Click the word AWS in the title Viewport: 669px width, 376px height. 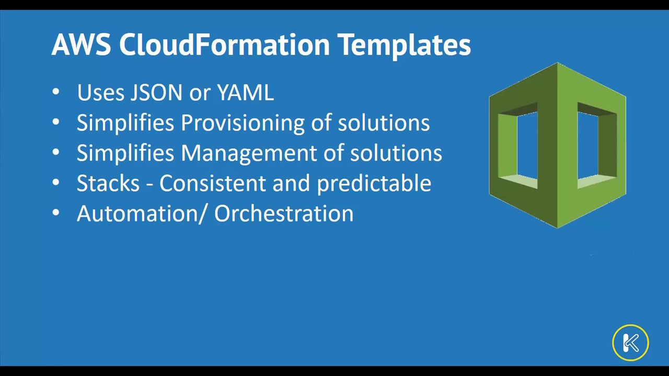pyautogui.click(x=81, y=44)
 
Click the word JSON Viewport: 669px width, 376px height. pyautogui.click(x=156, y=92)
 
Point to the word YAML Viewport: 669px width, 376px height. pyautogui.click(x=245, y=92)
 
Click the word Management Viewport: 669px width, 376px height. pyautogui.click(x=249, y=154)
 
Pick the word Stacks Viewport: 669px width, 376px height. pyautogui.click(x=108, y=183)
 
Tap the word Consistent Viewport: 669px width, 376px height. pyautogui.click(x=212, y=183)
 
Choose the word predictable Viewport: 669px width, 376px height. pyautogui.click(x=374, y=184)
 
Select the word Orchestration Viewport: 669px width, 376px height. pyautogui.click(x=284, y=213)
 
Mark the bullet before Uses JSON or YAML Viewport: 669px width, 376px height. pyautogui.click(x=56, y=92)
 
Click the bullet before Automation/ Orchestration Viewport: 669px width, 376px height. pyautogui.click(x=56, y=213)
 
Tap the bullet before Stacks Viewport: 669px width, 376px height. pyautogui.click(x=56, y=182)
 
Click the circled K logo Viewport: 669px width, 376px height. pyautogui.click(x=630, y=342)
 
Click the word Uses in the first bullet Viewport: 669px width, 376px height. pyautogui.click(x=100, y=92)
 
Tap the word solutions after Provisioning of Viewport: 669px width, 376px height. pyautogui.click(x=384, y=122)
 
